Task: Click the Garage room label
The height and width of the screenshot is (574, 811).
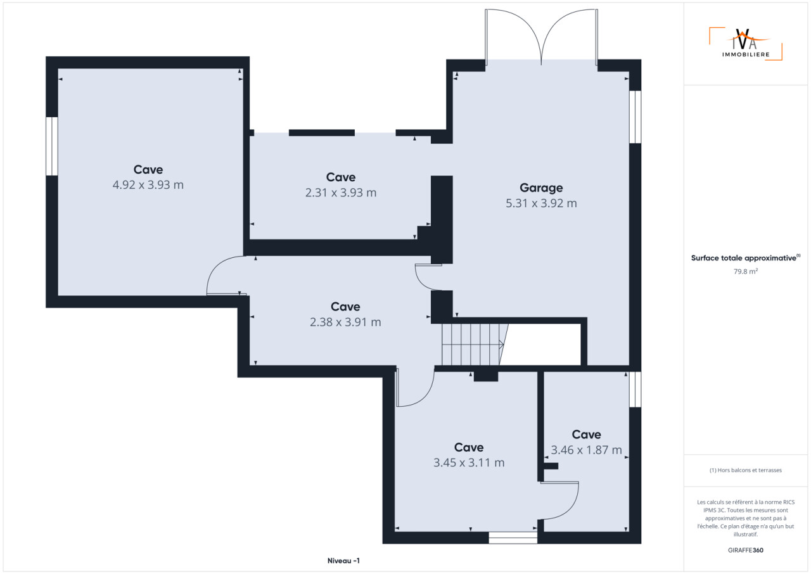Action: pyautogui.click(x=541, y=188)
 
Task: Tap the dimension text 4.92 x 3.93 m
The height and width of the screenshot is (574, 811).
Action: pyautogui.click(x=148, y=185)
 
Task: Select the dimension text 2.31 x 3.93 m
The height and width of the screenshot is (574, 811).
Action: pyautogui.click(x=341, y=193)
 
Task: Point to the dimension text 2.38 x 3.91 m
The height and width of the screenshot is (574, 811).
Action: pyautogui.click(x=345, y=322)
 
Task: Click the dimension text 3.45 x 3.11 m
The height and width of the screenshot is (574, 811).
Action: pyautogui.click(x=469, y=462)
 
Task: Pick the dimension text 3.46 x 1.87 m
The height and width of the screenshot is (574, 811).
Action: pyautogui.click(x=587, y=450)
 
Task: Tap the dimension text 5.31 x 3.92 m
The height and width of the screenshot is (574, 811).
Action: pyautogui.click(x=541, y=203)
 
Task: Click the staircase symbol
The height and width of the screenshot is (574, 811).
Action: pyautogui.click(x=475, y=345)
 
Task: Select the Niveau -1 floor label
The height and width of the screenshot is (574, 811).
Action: pyautogui.click(x=343, y=561)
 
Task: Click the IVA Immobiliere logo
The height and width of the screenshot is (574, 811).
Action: pyautogui.click(x=746, y=44)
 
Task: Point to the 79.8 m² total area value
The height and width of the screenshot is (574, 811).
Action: pyautogui.click(x=746, y=271)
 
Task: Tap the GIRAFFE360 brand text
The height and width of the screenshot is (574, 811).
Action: pyautogui.click(x=746, y=550)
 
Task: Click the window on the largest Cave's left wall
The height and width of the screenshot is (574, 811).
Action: pyautogui.click(x=52, y=146)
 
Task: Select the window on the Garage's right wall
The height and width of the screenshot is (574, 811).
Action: pyautogui.click(x=635, y=117)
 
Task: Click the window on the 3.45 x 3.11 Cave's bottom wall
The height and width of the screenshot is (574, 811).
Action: pyautogui.click(x=513, y=537)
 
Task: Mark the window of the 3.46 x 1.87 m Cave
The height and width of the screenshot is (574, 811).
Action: pyautogui.click(x=635, y=390)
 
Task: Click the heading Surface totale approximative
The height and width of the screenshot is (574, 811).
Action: pyautogui.click(x=744, y=258)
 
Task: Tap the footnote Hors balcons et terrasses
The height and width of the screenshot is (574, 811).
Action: pyautogui.click(x=746, y=470)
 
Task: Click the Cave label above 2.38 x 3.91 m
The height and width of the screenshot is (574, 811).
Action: pyautogui.click(x=345, y=307)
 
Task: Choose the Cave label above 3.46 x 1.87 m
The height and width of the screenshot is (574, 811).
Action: pyautogui.click(x=587, y=435)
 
